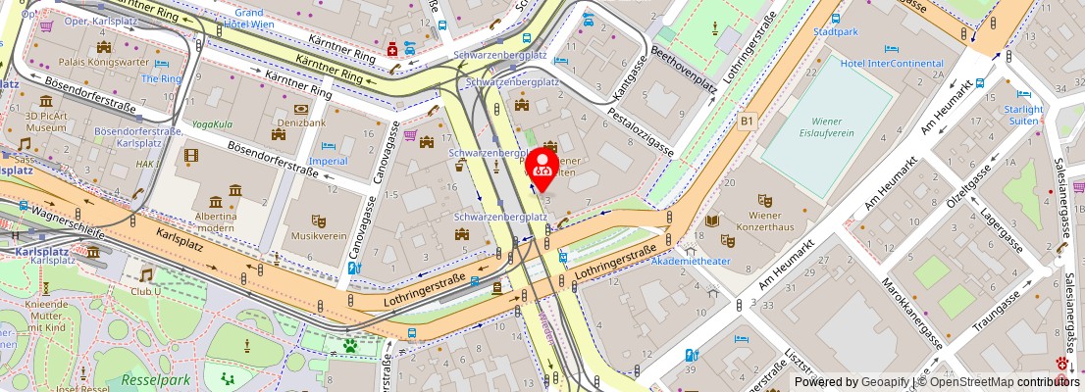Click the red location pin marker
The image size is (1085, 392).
[x=542, y=168]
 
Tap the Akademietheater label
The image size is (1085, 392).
[x=691, y=261]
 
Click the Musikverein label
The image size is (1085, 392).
[x=318, y=236]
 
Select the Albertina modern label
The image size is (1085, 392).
[x=215, y=221]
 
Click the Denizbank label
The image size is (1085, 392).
[x=300, y=123]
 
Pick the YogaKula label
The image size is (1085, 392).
[x=211, y=124]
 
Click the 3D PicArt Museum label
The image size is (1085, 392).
[x=46, y=122]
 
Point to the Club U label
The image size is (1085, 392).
[x=148, y=291]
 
